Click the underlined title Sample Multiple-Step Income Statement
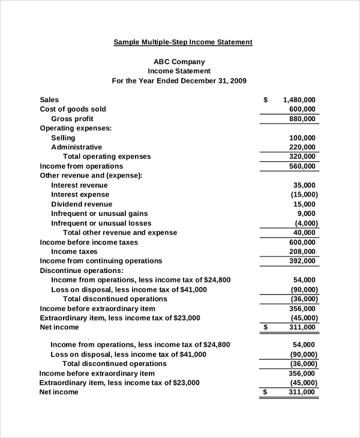tap(183, 42)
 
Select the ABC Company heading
tap(179, 61)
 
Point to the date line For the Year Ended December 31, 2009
tap(179, 80)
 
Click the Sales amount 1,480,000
tap(299, 100)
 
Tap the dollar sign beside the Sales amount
tap(265, 100)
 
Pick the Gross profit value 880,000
tap(302, 119)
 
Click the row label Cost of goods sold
tap(73, 109)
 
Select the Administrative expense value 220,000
tap(302, 147)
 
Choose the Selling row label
tap(63, 137)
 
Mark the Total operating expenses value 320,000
tap(302, 157)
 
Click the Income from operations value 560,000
tap(302, 166)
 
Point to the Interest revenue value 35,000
tap(304, 185)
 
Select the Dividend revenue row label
tap(82, 204)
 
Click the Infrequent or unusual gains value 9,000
tap(306, 214)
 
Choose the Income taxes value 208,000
tap(302, 251)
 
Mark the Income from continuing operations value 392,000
tap(302, 261)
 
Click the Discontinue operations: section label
tap(82, 271)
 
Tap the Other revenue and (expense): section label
tap(91, 176)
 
